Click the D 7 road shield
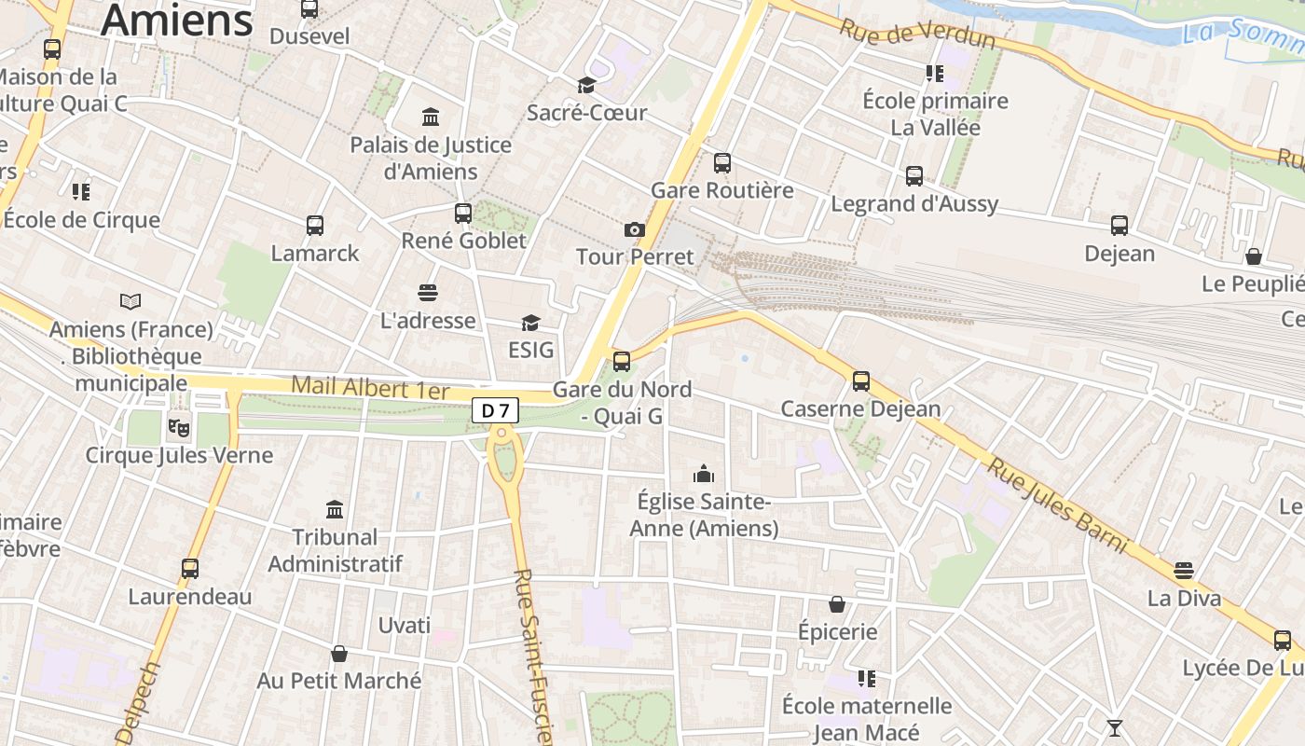[x=494, y=410]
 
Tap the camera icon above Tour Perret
[x=634, y=229]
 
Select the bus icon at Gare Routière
[x=722, y=163]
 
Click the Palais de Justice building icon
[x=431, y=117]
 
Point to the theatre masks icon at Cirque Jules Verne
[x=177, y=427]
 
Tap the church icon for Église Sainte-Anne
[x=704, y=474]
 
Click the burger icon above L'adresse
[x=428, y=293]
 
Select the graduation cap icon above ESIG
[x=530, y=323]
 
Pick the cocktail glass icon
[x=1114, y=727]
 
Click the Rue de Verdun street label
[x=916, y=35]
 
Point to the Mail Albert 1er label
[x=370, y=387]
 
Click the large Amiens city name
[x=177, y=21]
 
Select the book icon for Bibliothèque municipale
[x=130, y=302]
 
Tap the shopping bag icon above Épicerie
[x=837, y=605]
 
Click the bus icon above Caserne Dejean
[x=861, y=381]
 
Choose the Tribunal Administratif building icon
[x=335, y=509]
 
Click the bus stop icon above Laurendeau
[x=190, y=569]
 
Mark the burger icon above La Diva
[x=1184, y=570]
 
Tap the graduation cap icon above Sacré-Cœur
[x=586, y=86]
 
